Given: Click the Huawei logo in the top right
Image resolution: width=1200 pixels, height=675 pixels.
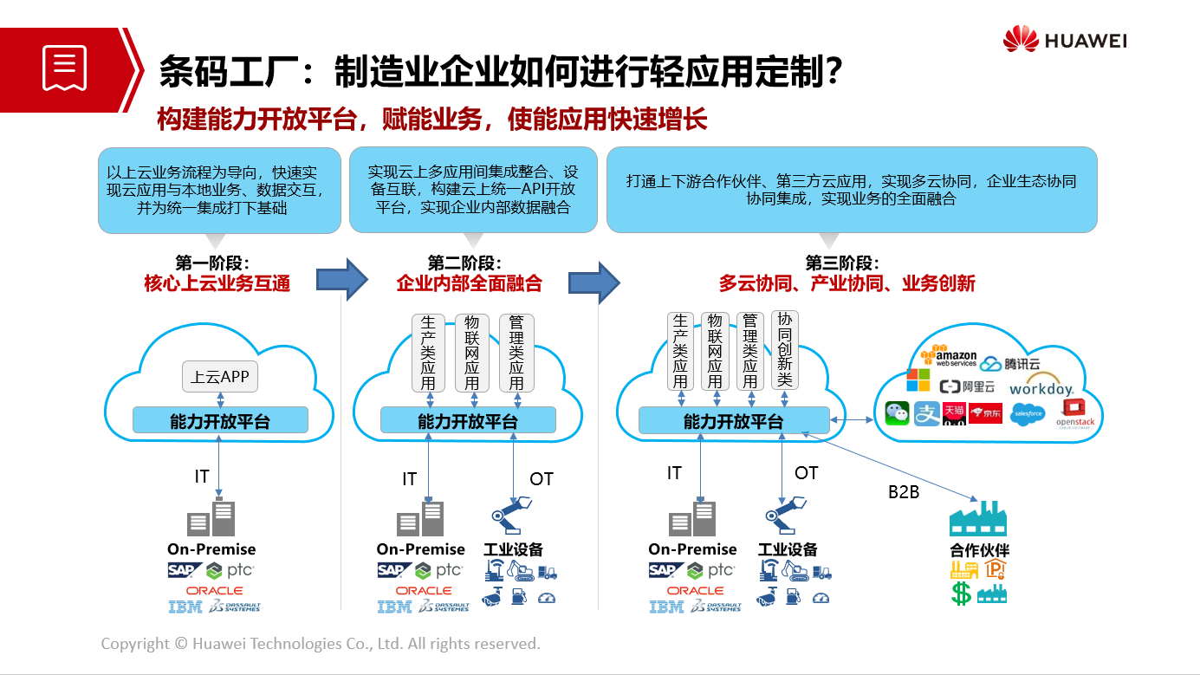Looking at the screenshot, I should [x=1064, y=40].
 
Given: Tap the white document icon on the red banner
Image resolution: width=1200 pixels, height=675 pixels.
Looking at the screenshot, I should [x=65, y=68].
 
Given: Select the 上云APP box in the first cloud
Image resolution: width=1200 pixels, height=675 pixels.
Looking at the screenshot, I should [x=220, y=377].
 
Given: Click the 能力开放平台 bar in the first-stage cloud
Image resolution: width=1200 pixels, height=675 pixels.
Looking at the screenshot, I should [x=220, y=421].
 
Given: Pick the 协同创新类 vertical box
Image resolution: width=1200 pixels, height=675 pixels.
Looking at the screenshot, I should [x=785, y=350].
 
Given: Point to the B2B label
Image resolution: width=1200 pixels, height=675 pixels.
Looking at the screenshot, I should [x=904, y=492].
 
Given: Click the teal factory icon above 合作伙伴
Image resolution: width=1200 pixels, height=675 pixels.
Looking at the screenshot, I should [x=978, y=518].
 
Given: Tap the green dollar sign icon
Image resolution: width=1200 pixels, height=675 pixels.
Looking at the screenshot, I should [x=961, y=594].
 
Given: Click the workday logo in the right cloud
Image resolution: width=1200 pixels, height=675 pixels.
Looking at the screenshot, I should [x=1041, y=389].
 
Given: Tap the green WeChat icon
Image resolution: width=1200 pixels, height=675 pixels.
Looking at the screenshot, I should [x=898, y=413].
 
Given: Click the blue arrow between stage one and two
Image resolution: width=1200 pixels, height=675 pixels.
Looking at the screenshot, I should [x=341, y=279].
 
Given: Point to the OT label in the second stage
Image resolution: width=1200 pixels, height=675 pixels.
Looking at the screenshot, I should [x=541, y=479].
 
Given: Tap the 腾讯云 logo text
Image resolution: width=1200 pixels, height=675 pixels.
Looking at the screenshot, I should [x=1010, y=364].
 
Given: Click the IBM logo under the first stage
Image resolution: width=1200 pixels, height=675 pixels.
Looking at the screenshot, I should [x=185, y=607].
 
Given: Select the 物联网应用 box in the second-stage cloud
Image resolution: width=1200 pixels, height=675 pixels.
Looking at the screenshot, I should [x=472, y=353].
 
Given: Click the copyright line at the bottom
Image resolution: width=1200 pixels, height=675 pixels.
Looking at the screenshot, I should [x=321, y=644].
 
